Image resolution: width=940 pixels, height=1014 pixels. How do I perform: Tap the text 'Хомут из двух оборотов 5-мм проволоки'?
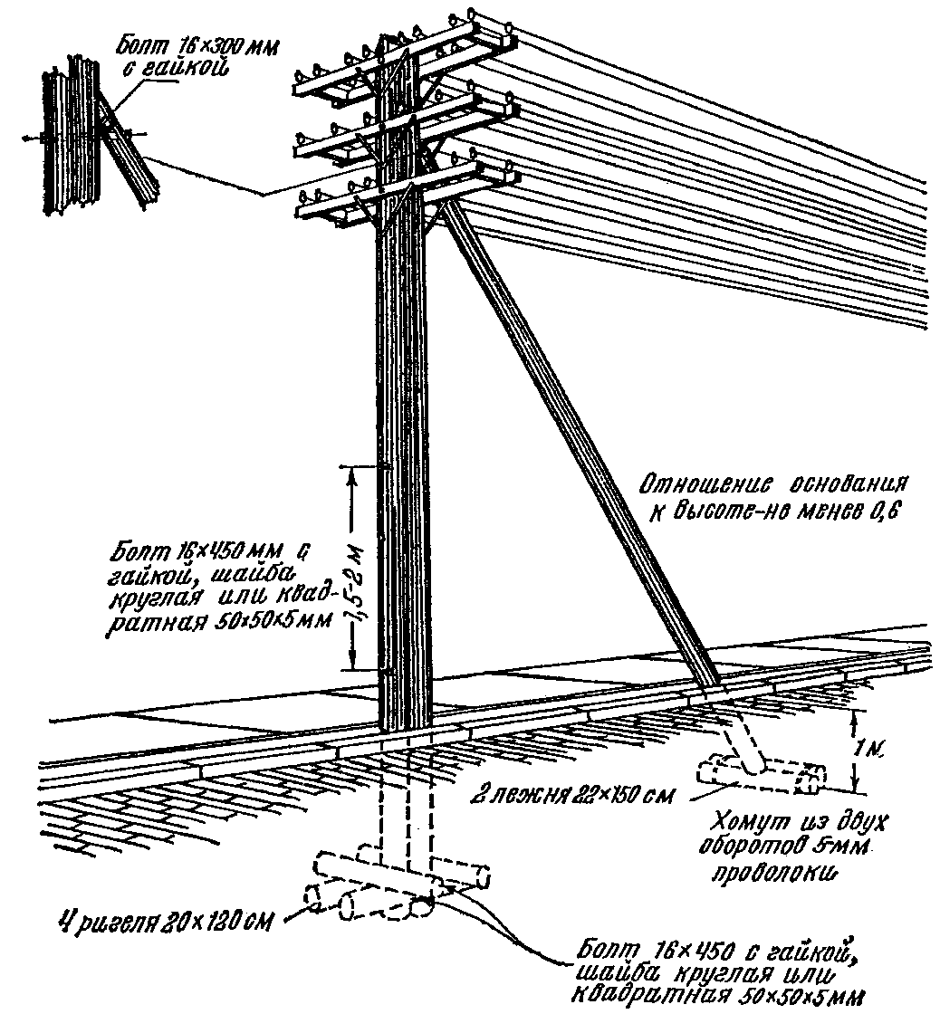pos(799,847)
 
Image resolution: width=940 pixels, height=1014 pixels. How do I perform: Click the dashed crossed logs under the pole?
pos(398,884)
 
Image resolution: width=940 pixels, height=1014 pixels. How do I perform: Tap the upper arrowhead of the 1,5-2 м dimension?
pos(352,474)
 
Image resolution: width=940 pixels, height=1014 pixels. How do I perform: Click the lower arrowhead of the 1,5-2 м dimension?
pos(352,662)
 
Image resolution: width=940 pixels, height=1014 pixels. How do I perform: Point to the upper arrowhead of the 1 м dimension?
pos(857,716)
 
